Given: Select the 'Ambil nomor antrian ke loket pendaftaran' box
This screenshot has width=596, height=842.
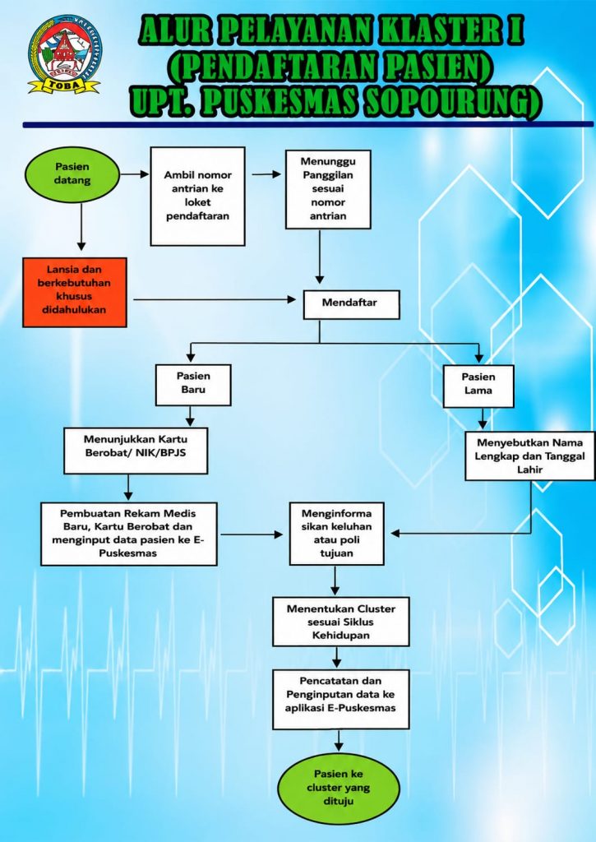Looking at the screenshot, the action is (x=197, y=197).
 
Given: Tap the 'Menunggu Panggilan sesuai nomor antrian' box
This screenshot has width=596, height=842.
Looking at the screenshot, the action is (x=328, y=189).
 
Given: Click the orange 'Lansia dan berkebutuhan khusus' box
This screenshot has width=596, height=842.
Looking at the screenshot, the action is (x=75, y=292).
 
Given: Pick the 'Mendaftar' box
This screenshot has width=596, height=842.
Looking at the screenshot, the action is (x=351, y=304).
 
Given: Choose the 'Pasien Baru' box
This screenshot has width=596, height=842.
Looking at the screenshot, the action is (x=193, y=385).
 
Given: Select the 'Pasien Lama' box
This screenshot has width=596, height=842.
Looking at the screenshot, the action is (x=478, y=386).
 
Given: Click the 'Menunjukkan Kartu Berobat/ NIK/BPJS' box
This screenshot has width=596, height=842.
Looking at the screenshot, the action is (x=136, y=451).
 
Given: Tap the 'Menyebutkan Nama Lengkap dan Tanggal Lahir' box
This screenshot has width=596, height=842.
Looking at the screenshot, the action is (x=530, y=456).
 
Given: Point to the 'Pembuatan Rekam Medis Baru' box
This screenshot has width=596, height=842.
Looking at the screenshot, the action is (x=129, y=534).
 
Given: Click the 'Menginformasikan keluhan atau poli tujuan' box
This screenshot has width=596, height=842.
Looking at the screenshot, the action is (x=337, y=534).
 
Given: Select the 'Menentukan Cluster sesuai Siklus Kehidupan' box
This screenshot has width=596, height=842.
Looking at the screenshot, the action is (x=341, y=622).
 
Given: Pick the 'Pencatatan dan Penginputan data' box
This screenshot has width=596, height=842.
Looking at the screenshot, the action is (x=341, y=699).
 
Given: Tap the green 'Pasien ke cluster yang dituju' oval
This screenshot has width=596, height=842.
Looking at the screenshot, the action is (x=339, y=788).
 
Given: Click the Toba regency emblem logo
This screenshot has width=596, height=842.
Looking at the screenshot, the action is (x=64, y=55).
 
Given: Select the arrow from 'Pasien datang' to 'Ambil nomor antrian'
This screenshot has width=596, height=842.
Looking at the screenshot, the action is (x=135, y=174).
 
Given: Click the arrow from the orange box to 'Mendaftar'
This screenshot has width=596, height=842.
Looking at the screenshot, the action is (x=215, y=299).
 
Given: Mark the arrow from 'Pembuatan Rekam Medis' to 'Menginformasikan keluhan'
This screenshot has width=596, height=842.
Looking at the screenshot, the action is (x=252, y=534).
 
